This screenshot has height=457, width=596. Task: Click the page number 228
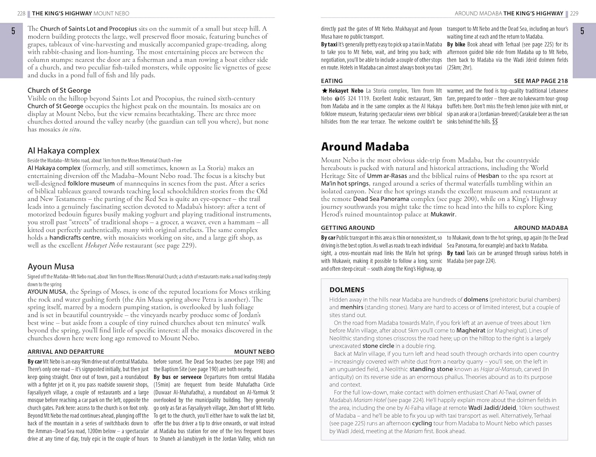pyautogui.click(x=21, y=13)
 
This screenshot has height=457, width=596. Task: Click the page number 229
pyautogui.click(x=574, y=13)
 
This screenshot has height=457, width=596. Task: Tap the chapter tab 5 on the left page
pyautogui.click(x=13, y=31)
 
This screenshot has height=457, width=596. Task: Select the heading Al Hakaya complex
pyautogui.click(x=63, y=150)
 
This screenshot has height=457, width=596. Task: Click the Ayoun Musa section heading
pyautogui.click(x=50, y=266)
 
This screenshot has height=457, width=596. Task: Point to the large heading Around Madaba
pyautogui.click(x=365, y=147)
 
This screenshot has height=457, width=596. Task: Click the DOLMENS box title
pyautogui.click(x=346, y=290)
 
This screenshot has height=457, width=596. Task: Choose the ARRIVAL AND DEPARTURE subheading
pyautogui.click(x=66, y=352)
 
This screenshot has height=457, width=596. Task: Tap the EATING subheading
pyautogui.click(x=331, y=81)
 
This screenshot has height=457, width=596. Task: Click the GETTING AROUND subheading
pyautogui.click(x=348, y=228)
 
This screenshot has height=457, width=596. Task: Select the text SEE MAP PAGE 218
pyautogui.click(x=541, y=81)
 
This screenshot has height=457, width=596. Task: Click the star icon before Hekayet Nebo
pyautogui.click(x=324, y=91)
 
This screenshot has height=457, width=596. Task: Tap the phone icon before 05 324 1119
pyautogui.click(x=337, y=99)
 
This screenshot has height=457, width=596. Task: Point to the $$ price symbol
pyautogui.click(x=495, y=122)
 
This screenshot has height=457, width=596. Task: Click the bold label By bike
pyautogui.click(x=456, y=44)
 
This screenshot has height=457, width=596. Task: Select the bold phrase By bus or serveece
pyautogui.click(x=177, y=377)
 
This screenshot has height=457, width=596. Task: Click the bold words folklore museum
pyautogui.click(x=91, y=183)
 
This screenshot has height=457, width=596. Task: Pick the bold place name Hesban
pyautogui.click(x=488, y=176)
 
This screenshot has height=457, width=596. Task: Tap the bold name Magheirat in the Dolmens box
pyautogui.click(x=470, y=330)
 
